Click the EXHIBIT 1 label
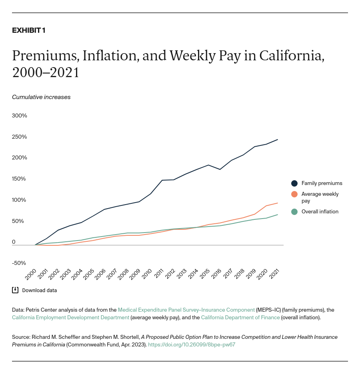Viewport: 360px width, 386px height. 28,30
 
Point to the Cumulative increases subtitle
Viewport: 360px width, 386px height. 41,97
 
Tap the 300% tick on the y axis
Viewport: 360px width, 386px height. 19,115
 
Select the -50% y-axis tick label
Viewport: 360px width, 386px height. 19,263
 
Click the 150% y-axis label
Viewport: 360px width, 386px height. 19,179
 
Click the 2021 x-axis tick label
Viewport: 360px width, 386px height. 274,274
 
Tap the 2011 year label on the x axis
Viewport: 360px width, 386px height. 158,274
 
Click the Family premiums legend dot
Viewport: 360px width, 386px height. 294,183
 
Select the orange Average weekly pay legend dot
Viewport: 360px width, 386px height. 294,194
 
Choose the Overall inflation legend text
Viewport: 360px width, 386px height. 320,212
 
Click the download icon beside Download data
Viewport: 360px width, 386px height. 15,290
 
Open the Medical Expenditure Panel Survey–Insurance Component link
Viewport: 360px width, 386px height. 186,310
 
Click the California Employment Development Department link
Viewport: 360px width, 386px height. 70,317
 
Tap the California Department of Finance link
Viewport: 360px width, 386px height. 240,317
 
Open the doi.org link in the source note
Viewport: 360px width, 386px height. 191,344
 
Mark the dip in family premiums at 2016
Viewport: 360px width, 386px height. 219,169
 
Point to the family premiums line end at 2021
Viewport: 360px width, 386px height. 278,139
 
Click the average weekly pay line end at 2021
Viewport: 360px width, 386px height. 278,203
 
